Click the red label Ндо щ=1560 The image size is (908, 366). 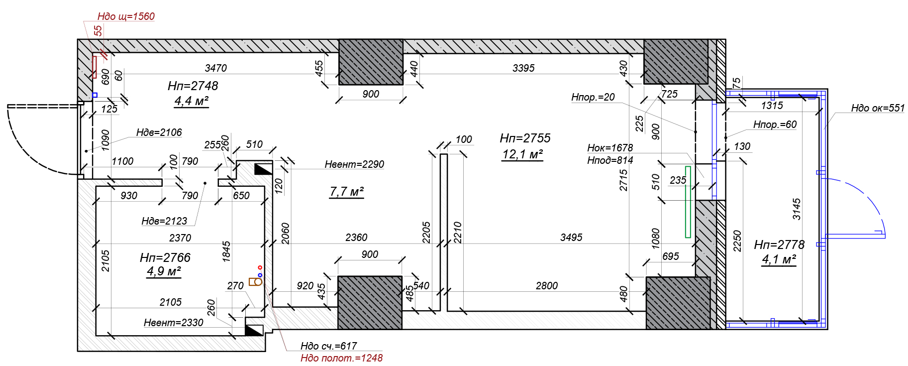(126, 16)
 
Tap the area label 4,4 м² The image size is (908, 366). (191, 101)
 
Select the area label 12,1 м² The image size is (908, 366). (522, 154)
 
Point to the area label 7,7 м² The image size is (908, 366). (347, 192)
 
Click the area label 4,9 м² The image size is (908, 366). (164, 271)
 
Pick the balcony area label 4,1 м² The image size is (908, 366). (779, 259)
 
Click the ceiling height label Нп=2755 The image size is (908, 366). (525, 138)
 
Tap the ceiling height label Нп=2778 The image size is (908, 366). (779, 244)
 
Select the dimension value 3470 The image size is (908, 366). (215, 68)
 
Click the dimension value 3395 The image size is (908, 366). (523, 68)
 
